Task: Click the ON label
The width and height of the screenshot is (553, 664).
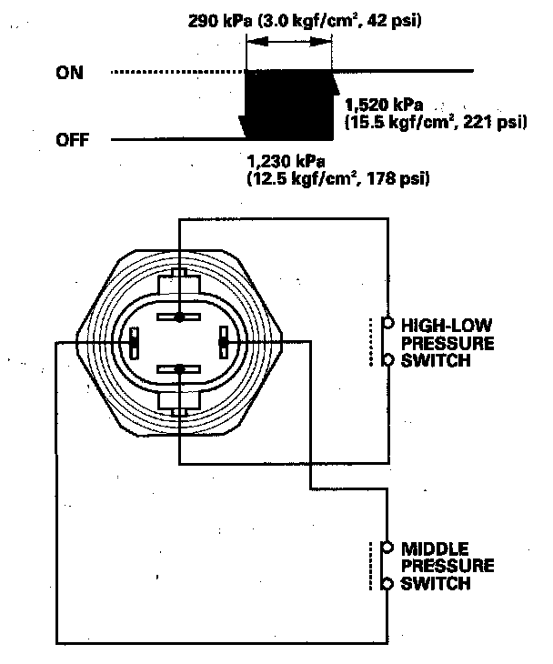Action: pos(68,73)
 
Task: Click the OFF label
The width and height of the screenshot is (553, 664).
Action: pos(72,140)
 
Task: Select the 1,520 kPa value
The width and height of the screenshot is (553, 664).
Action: pos(385,106)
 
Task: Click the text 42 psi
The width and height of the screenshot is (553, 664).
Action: pos(398,19)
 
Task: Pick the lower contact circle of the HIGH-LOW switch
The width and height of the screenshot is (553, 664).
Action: pos(388,360)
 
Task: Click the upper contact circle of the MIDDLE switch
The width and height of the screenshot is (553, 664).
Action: pos(387,548)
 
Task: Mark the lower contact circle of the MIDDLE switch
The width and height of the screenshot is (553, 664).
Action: pos(387,583)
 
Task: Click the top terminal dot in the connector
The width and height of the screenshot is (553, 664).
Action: pos(180,317)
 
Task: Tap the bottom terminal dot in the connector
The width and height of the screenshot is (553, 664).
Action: pos(180,369)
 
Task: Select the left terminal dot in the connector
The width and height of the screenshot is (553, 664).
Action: pos(134,342)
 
